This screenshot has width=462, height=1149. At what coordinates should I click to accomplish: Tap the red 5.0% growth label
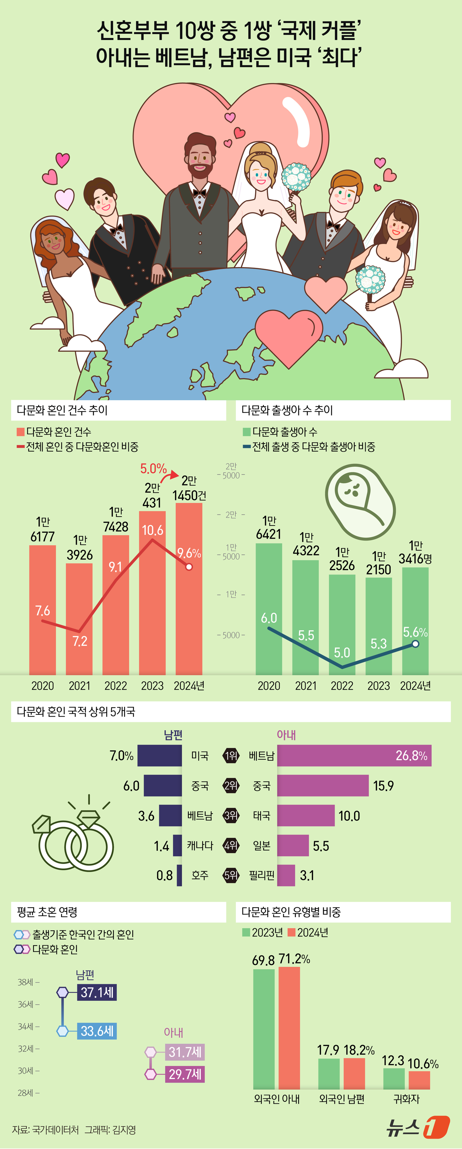(153, 468)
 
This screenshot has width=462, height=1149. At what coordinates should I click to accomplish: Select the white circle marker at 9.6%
(189, 566)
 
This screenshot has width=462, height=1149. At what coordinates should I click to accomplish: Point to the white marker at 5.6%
(415, 644)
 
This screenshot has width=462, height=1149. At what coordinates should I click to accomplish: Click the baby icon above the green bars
(360, 501)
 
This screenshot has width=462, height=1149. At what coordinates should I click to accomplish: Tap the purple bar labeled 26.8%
(354, 756)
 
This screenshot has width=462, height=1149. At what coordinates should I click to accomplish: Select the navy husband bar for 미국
(159, 756)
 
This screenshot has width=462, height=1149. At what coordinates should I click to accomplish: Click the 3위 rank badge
(231, 816)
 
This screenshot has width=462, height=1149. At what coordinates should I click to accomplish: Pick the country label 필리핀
(261, 876)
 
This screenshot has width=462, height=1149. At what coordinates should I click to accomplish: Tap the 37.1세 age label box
(97, 992)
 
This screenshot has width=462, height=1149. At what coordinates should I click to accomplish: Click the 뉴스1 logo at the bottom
(417, 1128)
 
